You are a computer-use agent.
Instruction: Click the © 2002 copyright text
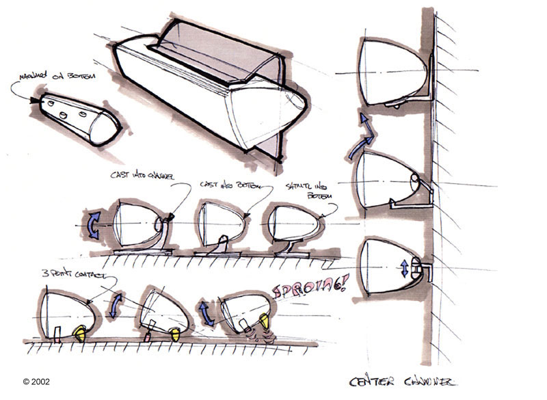pos(36,382)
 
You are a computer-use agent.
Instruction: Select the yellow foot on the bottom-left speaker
pos(80,333)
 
